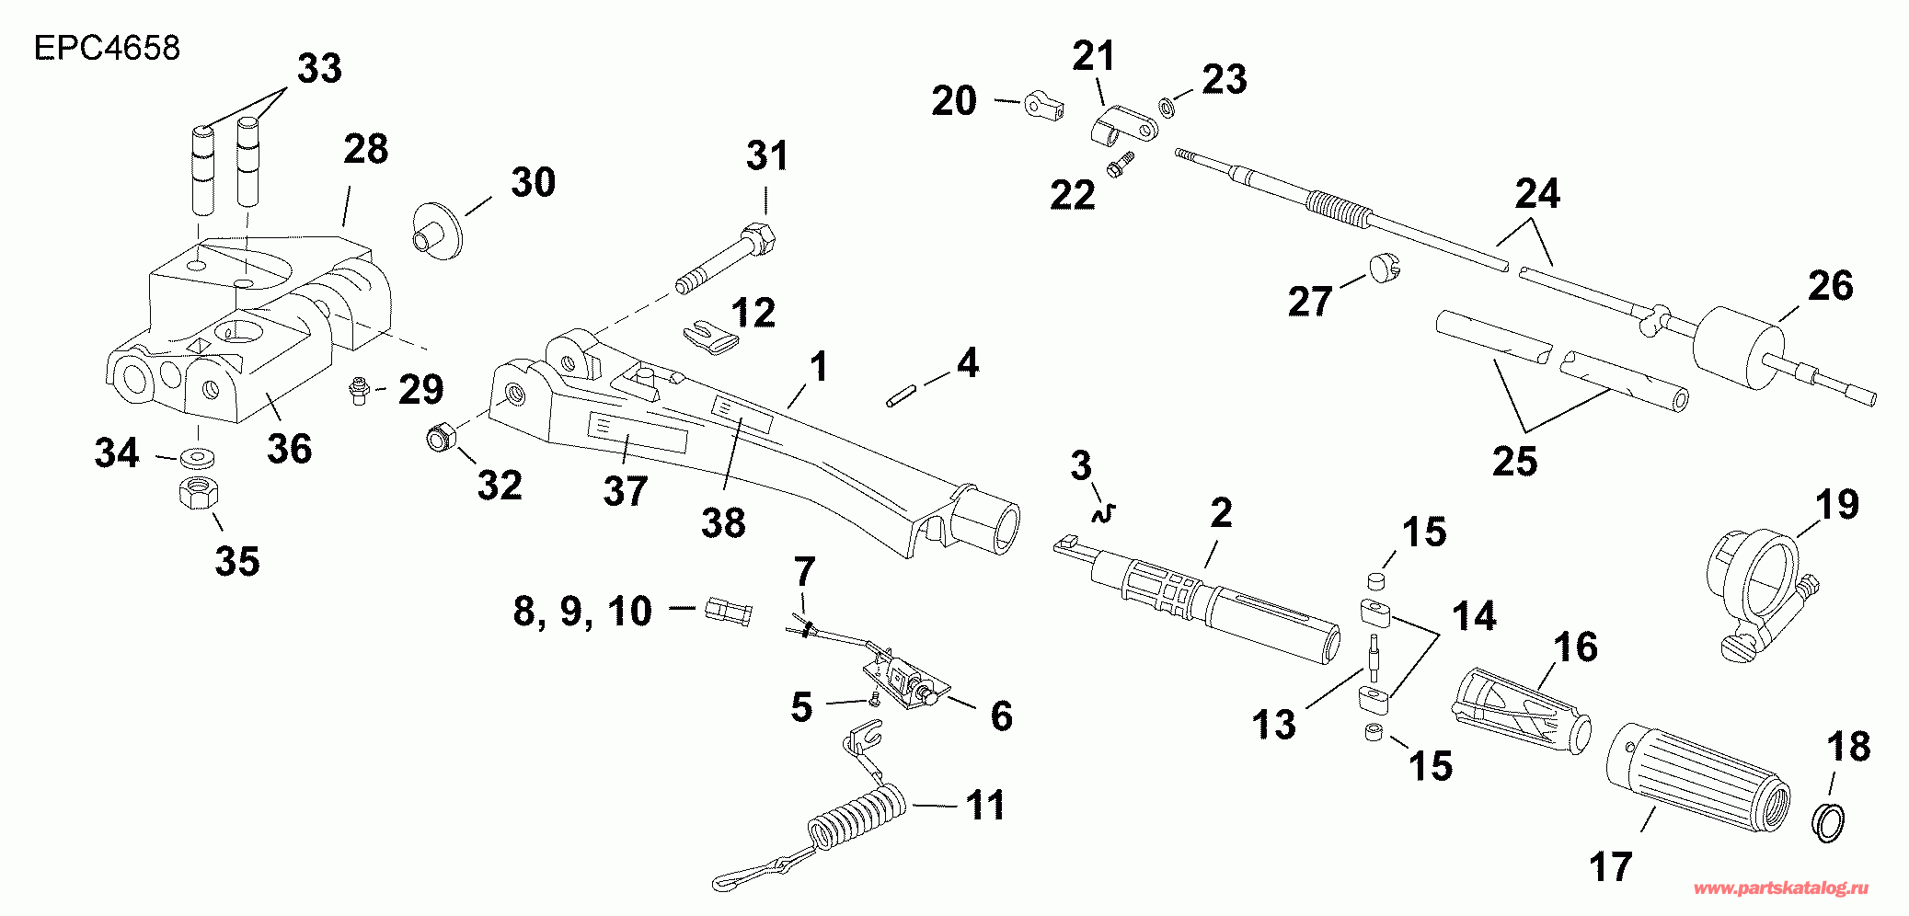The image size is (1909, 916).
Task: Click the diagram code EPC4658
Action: tap(107, 48)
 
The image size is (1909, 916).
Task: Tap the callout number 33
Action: tap(319, 69)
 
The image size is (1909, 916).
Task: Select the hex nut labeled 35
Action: tap(198, 494)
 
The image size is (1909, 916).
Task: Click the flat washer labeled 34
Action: tap(195, 456)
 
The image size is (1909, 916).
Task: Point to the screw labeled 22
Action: tap(1121, 166)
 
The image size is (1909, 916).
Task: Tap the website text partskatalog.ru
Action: tap(1781, 888)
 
